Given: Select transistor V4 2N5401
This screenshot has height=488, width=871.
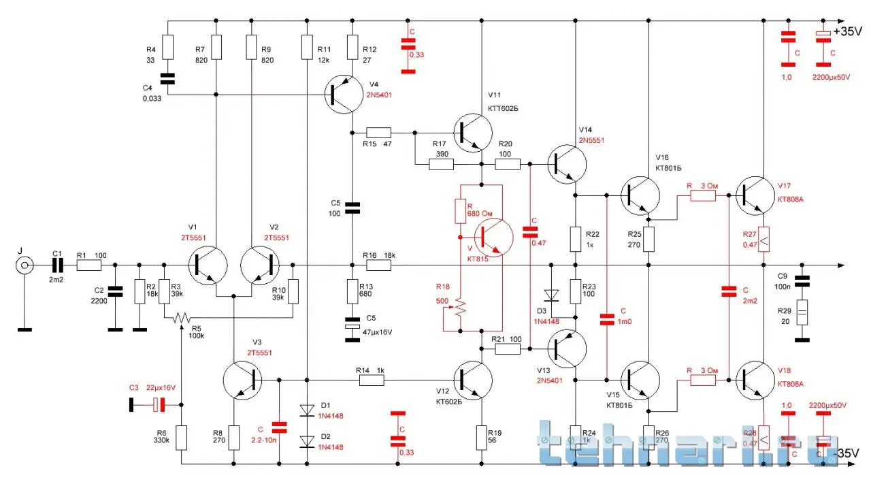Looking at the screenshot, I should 344,95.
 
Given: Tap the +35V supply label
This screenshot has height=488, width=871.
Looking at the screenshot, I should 847,32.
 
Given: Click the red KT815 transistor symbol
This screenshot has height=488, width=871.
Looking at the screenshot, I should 492,237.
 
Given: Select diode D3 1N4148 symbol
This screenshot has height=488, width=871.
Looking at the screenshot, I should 551,295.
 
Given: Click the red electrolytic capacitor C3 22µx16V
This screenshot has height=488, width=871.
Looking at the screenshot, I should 158,405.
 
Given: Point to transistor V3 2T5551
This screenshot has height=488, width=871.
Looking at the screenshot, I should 242,380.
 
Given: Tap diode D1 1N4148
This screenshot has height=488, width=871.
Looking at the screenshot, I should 307,410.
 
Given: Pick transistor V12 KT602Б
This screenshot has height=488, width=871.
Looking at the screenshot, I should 472,380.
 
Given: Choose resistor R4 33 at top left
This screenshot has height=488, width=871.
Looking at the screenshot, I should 167,48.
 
